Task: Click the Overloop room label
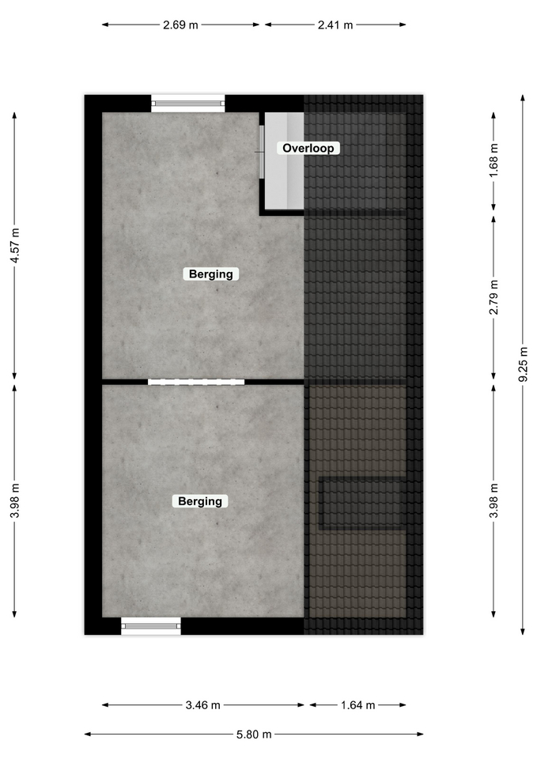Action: click(x=308, y=148)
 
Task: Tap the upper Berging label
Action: click(x=210, y=274)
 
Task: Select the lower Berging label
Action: click(x=200, y=501)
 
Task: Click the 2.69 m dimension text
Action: click(x=180, y=25)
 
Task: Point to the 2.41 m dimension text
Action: click(x=335, y=25)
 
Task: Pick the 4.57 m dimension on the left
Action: click(x=15, y=245)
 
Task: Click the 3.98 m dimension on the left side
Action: click(x=15, y=500)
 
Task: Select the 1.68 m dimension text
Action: click(x=494, y=160)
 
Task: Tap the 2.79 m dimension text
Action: click(x=494, y=297)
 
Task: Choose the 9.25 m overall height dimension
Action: click(x=523, y=364)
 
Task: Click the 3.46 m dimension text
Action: click(x=203, y=705)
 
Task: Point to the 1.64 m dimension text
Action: click(x=357, y=705)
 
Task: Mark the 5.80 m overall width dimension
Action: click(x=254, y=734)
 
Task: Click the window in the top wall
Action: click(x=188, y=103)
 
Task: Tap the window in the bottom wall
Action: click(x=151, y=626)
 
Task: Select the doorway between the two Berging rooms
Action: click(x=196, y=382)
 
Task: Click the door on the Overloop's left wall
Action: click(x=262, y=152)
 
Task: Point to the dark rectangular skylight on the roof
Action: click(x=362, y=504)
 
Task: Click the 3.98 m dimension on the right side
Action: click(x=494, y=500)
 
